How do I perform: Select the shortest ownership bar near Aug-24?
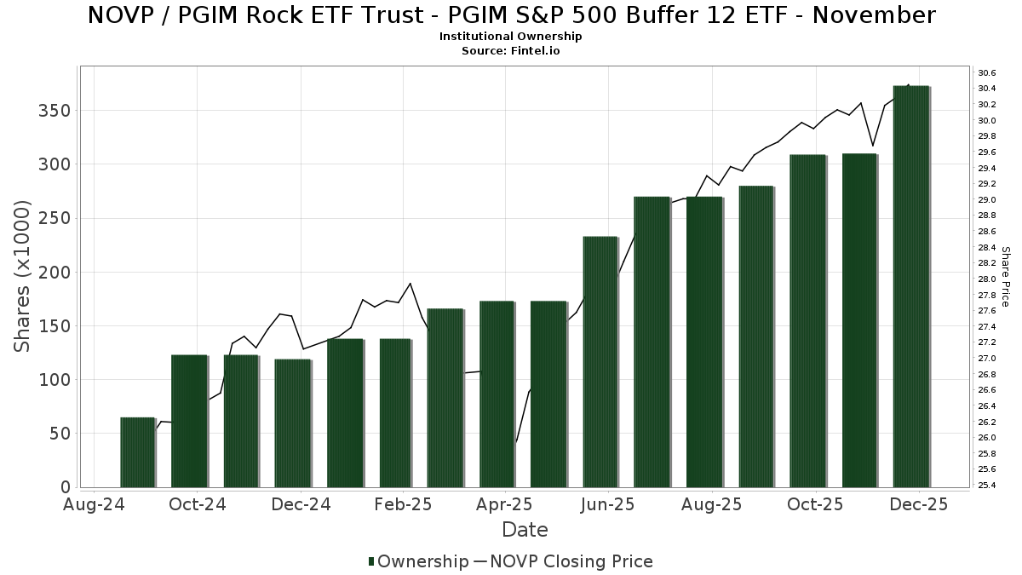click(x=137, y=452)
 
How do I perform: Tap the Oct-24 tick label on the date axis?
click(x=198, y=504)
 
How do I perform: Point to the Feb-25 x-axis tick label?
click(x=404, y=504)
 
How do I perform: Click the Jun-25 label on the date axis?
click(x=607, y=504)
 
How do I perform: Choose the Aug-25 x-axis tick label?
click(x=712, y=504)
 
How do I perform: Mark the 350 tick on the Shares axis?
click(x=56, y=111)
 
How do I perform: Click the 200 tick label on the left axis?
click(x=56, y=273)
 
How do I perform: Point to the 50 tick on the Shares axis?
click(x=60, y=434)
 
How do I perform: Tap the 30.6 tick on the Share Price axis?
click(x=987, y=72)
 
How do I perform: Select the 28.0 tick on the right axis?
click(x=987, y=279)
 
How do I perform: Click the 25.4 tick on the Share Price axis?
click(x=987, y=486)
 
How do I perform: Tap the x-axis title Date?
click(x=525, y=530)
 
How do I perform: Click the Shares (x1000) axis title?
click(x=23, y=276)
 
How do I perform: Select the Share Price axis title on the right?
click(x=1005, y=276)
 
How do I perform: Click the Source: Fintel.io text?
click(x=511, y=51)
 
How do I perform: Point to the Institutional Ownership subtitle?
click(x=511, y=37)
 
